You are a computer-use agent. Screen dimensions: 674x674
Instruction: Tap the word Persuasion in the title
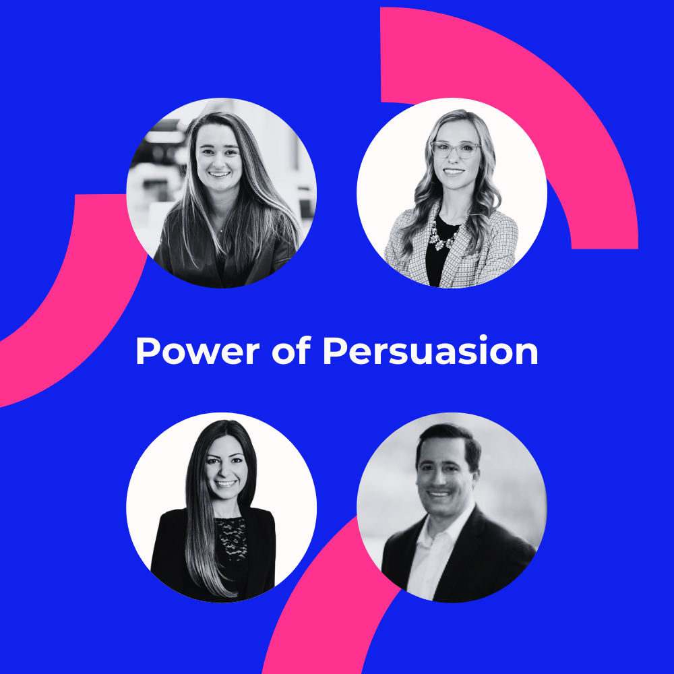pyautogui.click(x=430, y=352)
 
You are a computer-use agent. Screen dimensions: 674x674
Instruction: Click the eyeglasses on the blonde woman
pyautogui.click(x=455, y=150)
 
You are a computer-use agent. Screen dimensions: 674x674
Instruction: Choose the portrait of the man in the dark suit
pyautogui.click(x=452, y=508)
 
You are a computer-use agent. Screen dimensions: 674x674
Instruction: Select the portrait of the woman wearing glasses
pyautogui.click(x=452, y=193)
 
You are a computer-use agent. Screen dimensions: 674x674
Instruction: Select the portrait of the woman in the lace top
pyautogui.click(x=221, y=508)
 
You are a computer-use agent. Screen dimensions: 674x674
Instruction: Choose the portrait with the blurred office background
pyautogui.click(x=221, y=193)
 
